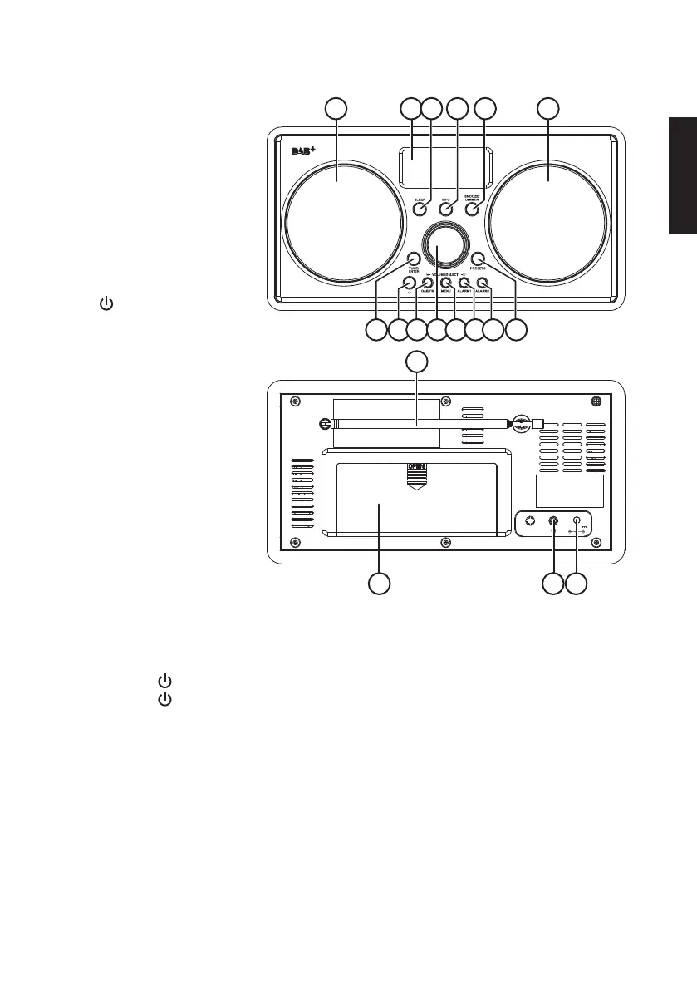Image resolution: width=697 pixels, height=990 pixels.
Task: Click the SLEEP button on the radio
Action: pyautogui.click(x=420, y=210)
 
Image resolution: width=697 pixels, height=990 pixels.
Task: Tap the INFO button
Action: pyautogui.click(x=445, y=210)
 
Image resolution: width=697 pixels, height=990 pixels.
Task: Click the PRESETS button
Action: pyautogui.click(x=477, y=259)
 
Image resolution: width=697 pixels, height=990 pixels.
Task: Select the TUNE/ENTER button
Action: pyautogui.click(x=413, y=259)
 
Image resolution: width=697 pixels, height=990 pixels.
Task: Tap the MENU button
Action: pyautogui.click(x=445, y=283)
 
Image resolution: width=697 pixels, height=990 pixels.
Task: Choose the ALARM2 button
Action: pyautogui.click(x=482, y=283)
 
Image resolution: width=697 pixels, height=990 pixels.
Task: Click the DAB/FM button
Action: pyautogui.click(x=428, y=283)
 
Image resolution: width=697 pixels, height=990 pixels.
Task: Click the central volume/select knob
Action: pyautogui.click(x=445, y=247)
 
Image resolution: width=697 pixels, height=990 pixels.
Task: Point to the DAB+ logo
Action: pyautogui.click(x=307, y=151)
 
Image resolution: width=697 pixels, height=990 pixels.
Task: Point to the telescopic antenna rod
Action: pyautogui.click(x=415, y=423)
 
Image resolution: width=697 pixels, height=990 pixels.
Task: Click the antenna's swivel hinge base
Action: pyautogui.click(x=521, y=422)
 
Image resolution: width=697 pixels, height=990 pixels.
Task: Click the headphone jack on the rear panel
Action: pyautogui.click(x=554, y=523)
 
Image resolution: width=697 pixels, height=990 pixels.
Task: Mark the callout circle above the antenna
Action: pyautogui.click(x=418, y=361)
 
